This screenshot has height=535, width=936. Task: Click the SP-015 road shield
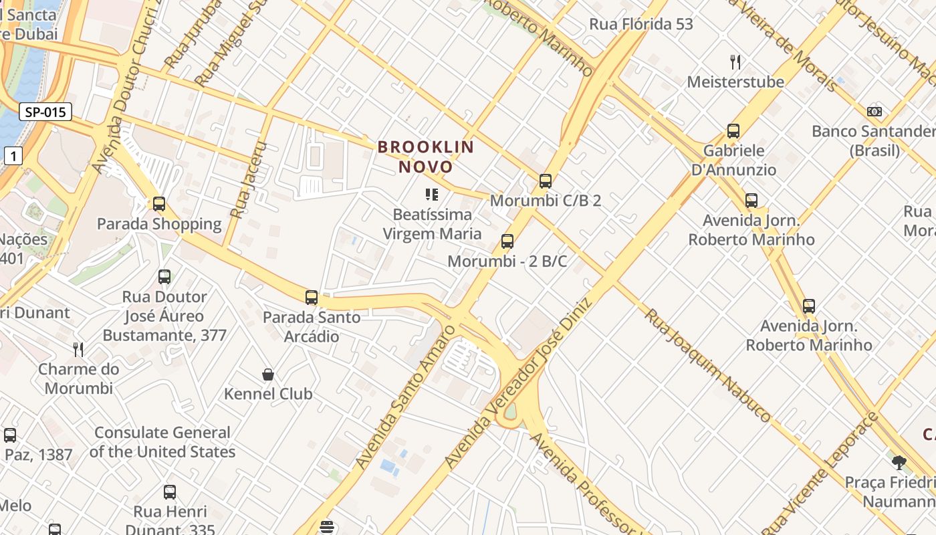[x=45, y=112]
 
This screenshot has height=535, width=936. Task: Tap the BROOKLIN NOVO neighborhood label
[x=426, y=156]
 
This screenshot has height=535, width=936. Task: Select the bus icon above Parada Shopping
[x=159, y=204]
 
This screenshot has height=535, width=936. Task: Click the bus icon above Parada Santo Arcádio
[x=312, y=298]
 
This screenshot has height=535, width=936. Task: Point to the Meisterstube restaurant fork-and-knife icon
[x=735, y=62]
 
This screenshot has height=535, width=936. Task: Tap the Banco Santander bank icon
[x=874, y=112]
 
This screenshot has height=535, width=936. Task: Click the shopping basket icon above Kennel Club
[x=268, y=374]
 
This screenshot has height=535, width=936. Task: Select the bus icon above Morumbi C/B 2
[x=546, y=181]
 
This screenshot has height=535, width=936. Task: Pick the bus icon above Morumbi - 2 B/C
[x=507, y=241]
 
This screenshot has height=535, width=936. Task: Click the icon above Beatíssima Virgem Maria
[x=432, y=195]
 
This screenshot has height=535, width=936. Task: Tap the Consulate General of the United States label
[x=162, y=442]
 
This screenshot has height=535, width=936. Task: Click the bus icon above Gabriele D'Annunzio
[x=733, y=131]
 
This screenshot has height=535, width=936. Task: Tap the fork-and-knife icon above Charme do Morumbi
[x=78, y=349]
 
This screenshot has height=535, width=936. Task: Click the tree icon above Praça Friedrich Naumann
[x=899, y=462]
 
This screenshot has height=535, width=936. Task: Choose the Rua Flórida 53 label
[x=640, y=24]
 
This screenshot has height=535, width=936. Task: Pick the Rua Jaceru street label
[x=248, y=179]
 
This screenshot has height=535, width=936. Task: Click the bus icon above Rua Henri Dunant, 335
[x=170, y=492]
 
